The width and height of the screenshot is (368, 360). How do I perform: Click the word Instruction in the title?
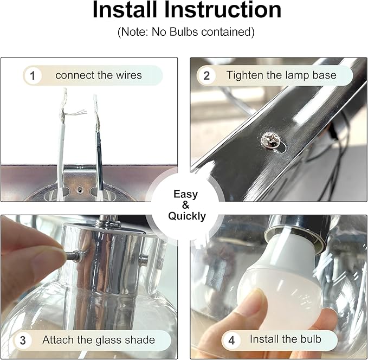coord(223,10)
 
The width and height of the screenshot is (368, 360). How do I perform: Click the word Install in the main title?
coord(125,9)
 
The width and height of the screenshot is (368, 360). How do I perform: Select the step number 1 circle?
coord(33,75)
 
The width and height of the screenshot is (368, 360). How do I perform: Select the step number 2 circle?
coord(206,75)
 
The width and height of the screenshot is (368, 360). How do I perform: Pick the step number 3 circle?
coord(23,340)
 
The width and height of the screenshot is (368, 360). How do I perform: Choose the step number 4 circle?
coord(231,340)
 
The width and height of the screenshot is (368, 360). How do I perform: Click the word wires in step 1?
coord(129,75)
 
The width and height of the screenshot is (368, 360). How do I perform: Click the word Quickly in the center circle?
coord(187,216)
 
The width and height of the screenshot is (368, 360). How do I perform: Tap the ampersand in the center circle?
coord(185,205)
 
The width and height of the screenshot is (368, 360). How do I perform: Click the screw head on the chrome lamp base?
coord(271,140)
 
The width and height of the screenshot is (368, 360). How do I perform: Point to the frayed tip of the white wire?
coord(64,92)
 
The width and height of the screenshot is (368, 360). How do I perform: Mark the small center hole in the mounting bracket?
coord(80,189)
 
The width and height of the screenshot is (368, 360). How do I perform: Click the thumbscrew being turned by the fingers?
coord(75,256)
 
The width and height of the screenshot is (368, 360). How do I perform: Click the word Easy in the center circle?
coord(186,195)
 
